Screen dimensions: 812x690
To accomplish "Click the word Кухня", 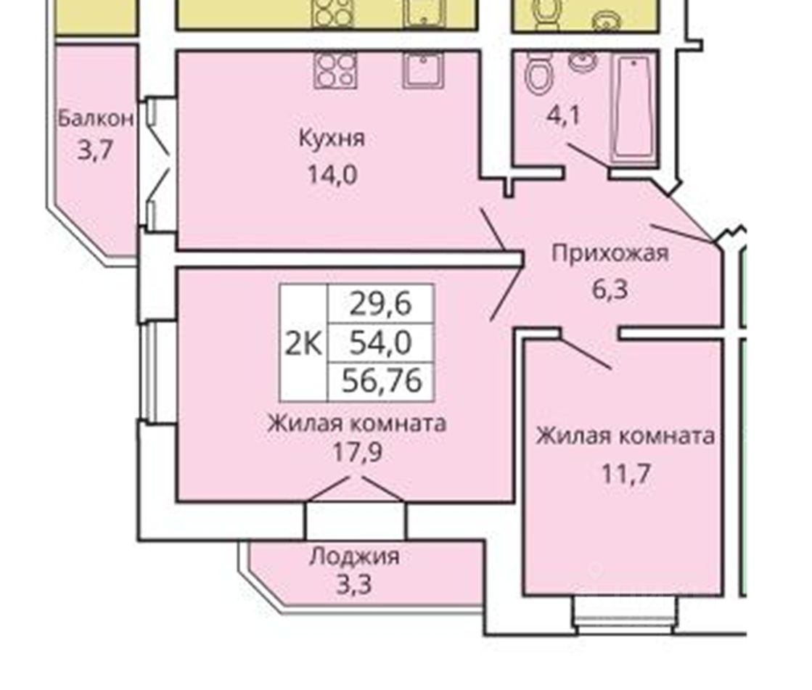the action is tap(331, 139).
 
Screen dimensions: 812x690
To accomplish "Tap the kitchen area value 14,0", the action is tap(331, 175).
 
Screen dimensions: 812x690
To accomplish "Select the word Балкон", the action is tap(96, 118).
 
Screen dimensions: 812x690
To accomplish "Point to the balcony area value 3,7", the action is tap(95, 152).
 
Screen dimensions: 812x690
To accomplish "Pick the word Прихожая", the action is tap(610, 254).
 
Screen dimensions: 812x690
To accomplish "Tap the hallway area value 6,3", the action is tap(608, 289).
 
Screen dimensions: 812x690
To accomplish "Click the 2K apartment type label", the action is tap(304, 342).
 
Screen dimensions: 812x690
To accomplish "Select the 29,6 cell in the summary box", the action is tap(381, 303).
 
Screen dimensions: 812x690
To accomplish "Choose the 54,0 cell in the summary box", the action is tap(381, 342).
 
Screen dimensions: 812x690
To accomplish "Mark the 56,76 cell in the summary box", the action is tap(381, 380).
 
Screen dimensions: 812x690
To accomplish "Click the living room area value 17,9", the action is tap(355, 453).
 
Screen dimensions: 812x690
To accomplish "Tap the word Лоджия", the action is tap(354, 556).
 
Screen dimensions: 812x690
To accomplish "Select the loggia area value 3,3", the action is tap(354, 584).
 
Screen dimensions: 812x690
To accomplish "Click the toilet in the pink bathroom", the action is tap(538, 73).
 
